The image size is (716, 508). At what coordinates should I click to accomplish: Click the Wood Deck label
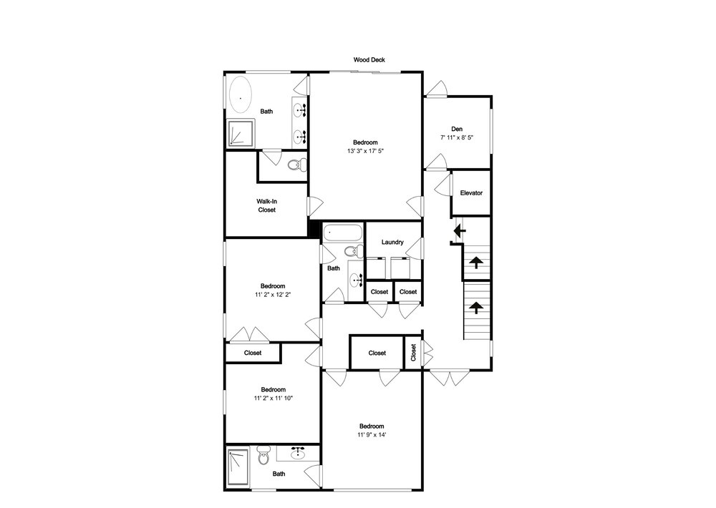(x=369, y=60)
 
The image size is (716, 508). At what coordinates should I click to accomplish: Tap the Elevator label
(x=471, y=193)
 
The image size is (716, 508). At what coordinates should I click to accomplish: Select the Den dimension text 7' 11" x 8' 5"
(x=457, y=137)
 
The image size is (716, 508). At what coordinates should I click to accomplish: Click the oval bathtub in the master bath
(x=240, y=96)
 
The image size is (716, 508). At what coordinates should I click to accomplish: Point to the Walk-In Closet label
(x=266, y=206)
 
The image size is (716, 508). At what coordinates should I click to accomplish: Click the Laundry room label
(x=392, y=243)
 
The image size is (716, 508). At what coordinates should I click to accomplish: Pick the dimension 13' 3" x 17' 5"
(x=365, y=151)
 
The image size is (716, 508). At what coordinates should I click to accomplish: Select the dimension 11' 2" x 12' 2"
(x=273, y=295)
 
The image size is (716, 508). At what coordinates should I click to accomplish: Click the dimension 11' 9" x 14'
(x=372, y=435)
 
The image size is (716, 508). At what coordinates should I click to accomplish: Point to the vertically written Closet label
(x=413, y=353)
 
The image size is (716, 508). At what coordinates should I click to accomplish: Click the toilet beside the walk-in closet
(x=297, y=165)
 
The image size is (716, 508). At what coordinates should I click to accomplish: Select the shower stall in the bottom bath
(x=238, y=467)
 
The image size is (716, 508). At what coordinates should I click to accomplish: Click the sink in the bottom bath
(x=298, y=453)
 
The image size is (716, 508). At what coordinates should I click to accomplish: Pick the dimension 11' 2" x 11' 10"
(x=273, y=399)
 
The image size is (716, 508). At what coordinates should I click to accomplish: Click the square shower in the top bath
(x=241, y=133)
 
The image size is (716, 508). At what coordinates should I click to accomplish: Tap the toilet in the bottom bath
(x=263, y=455)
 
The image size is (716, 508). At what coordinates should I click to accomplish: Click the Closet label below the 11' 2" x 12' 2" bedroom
(x=253, y=353)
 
